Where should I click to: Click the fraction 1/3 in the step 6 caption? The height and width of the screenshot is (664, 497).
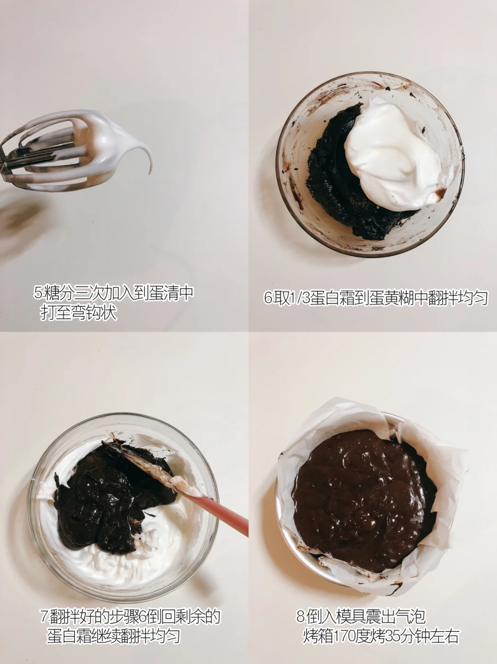coord(299,298)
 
